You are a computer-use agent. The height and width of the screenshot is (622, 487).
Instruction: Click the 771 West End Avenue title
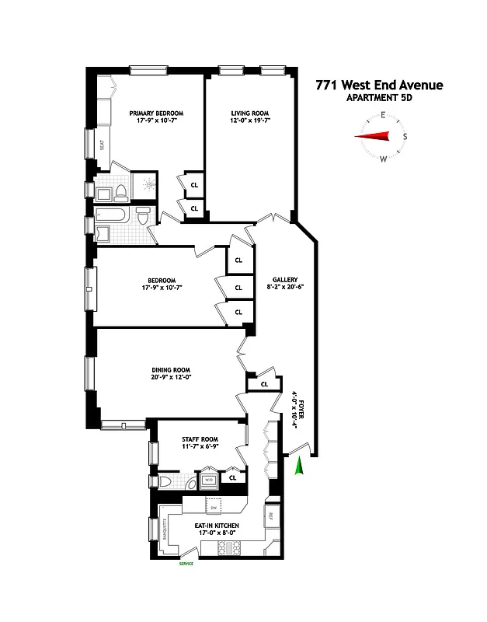(x=378, y=84)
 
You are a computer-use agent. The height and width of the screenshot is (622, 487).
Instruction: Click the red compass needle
(x=372, y=138)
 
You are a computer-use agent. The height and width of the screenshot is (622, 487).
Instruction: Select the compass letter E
(x=383, y=115)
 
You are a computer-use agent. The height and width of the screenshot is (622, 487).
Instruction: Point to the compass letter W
(x=383, y=159)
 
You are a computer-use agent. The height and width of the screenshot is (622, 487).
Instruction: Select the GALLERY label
(x=285, y=280)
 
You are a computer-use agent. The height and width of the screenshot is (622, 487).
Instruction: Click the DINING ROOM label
(x=172, y=370)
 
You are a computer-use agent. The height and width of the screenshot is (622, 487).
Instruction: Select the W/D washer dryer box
(x=208, y=480)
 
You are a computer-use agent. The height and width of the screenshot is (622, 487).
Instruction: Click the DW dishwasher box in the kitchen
(x=214, y=508)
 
